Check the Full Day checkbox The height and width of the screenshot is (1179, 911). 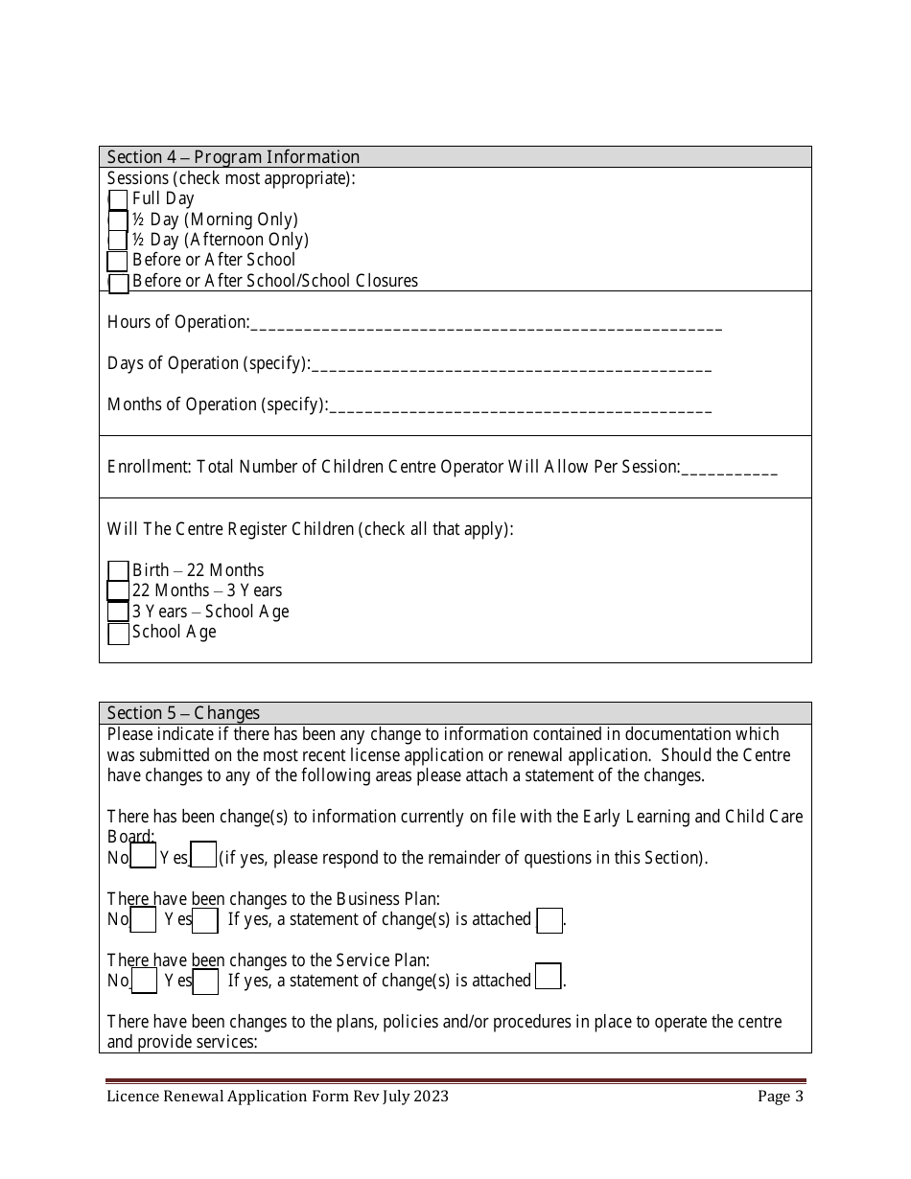[118, 199]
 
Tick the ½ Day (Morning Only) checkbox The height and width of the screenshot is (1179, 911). [118, 220]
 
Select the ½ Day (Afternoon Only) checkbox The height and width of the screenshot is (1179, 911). [118, 241]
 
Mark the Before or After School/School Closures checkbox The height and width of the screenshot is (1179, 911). [118, 284]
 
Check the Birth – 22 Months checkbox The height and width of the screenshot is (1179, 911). [118, 571]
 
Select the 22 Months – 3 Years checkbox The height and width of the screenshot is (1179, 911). [118, 591]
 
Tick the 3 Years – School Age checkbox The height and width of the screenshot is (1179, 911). [118, 612]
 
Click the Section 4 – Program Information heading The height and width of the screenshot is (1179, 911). [233, 157]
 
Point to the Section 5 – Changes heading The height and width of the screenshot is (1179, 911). [183, 713]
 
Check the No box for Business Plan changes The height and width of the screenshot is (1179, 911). [143, 920]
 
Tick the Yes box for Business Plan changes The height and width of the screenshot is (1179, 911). [205, 920]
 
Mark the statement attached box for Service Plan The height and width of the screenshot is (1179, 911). [549, 977]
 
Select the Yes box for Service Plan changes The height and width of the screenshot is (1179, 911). [205, 982]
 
